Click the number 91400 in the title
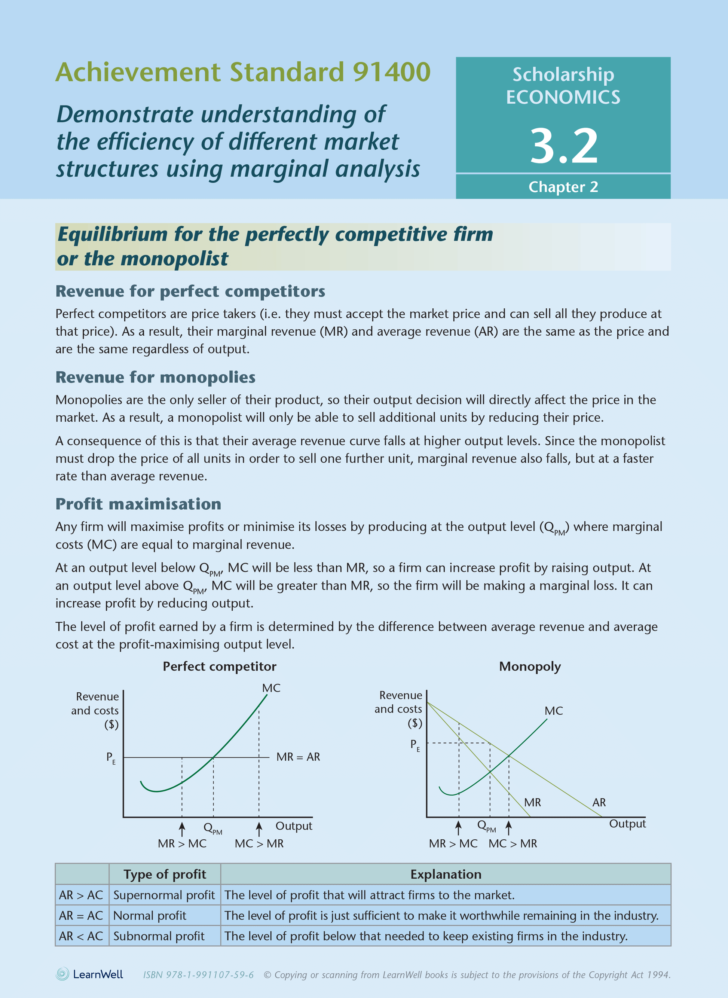coord(391,72)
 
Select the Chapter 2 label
coord(563,187)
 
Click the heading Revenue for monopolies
coord(155,377)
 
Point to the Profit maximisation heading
coord(138,504)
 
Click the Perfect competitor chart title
coord(220,666)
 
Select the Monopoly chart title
coord(530,666)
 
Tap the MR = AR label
coord(298,757)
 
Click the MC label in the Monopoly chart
coord(554,711)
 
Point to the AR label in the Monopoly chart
coord(599,802)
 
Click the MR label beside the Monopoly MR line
coord(532,802)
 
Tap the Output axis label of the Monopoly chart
coord(627,824)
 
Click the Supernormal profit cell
coord(164,895)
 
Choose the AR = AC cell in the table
coord(81,916)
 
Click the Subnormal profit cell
coord(159,936)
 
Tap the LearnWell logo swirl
coord(62,974)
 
